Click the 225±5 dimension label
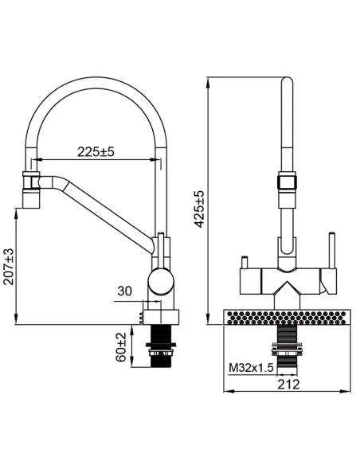96,152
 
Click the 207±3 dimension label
9,267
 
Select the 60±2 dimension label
121,347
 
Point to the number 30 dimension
124,291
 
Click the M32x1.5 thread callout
251,368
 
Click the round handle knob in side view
160,281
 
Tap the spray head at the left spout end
31,190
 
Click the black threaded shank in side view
161,346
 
